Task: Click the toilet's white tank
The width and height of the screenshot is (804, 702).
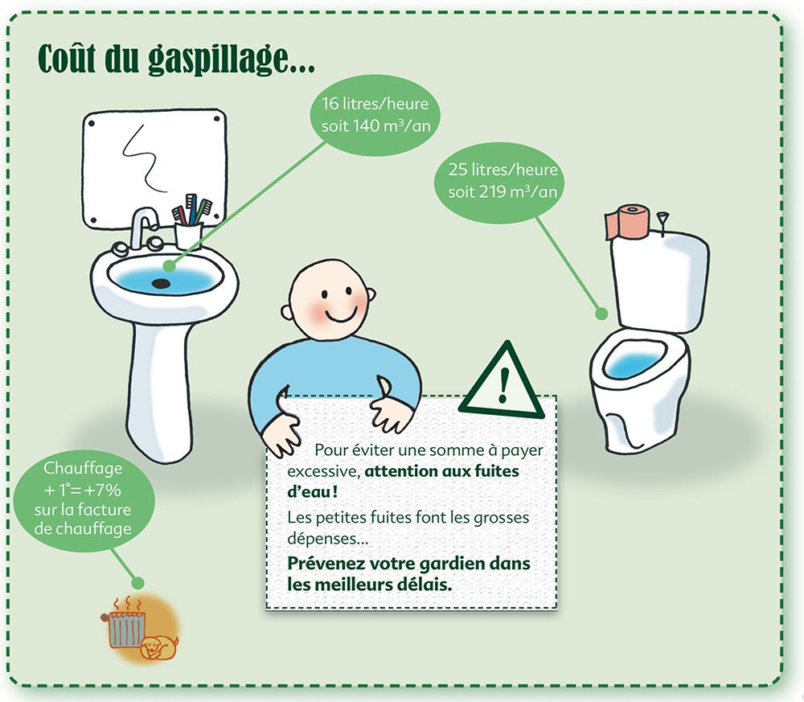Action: tap(659, 277)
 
